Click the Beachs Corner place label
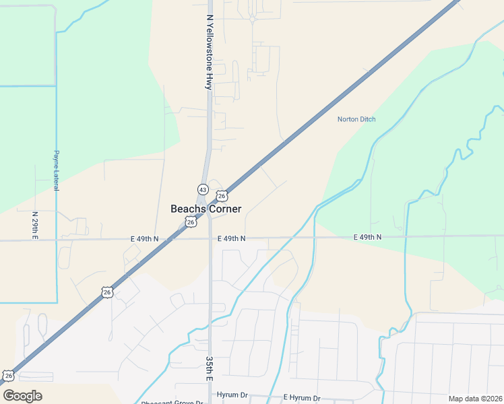point(206,209)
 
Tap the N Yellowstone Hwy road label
point(210,53)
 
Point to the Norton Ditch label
point(356,120)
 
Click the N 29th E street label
point(35,225)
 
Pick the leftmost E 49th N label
point(145,239)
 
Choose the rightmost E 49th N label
point(367,238)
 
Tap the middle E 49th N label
point(231,239)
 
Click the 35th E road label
point(210,369)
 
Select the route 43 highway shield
point(203,189)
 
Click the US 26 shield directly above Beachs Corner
point(222,196)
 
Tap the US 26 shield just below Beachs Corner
point(191,222)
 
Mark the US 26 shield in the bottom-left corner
point(7,376)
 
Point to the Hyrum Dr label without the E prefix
point(232,395)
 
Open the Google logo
point(22,396)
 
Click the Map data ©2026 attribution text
point(475,399)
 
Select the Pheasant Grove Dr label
point(172,403)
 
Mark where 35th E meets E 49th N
point(210,239)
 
